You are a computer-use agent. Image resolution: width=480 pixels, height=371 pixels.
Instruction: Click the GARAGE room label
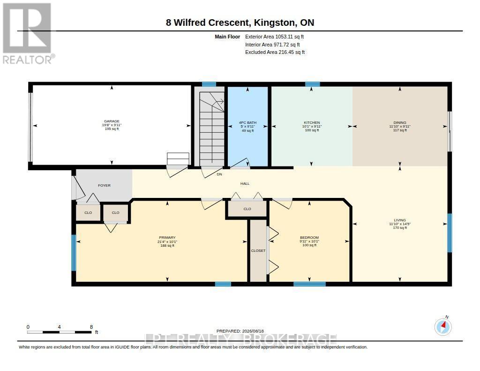(x=112, y=121)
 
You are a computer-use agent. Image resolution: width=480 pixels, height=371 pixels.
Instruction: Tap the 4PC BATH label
(x=247, y=122)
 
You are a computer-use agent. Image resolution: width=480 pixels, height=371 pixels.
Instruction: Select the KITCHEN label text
(x=312, y=122)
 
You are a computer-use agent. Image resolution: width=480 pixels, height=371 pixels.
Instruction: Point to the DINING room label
(x=400, y=122)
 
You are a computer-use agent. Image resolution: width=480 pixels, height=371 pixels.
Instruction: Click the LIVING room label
(x=400, y=220)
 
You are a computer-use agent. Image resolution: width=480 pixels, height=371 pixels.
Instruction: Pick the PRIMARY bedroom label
(x=167, y=237)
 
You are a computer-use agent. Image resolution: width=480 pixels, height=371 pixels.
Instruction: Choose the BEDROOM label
(x=309, y=237)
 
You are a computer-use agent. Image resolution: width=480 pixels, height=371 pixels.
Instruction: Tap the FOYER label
(x=104, y=185)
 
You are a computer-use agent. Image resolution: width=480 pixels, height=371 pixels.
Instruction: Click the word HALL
(x=245, y=183)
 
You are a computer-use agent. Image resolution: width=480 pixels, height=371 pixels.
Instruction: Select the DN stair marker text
(x=219, y=174)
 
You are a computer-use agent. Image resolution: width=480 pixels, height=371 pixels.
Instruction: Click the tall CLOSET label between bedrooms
(x=258, y=250)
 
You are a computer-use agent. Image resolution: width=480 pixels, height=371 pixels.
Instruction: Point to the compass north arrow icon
(x=443, y=326)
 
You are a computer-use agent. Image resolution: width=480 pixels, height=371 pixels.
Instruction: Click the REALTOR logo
(x=28, y=33)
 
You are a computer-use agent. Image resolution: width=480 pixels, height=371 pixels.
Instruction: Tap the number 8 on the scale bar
(x=91, y=327)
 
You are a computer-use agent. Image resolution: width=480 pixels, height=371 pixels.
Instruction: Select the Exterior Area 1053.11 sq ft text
(x=274, y=37)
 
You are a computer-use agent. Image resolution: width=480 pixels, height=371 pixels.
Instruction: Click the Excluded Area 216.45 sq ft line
(x=275, y=53)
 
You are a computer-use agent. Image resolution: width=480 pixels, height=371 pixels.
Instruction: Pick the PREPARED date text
(x=240, y=331)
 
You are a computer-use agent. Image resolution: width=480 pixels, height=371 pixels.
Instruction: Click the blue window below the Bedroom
(x=309, y=284)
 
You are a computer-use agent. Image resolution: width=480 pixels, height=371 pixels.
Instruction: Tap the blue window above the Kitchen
(x=313, y=84)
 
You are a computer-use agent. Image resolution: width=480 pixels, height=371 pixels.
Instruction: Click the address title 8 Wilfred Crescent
(x=207, y=23)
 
